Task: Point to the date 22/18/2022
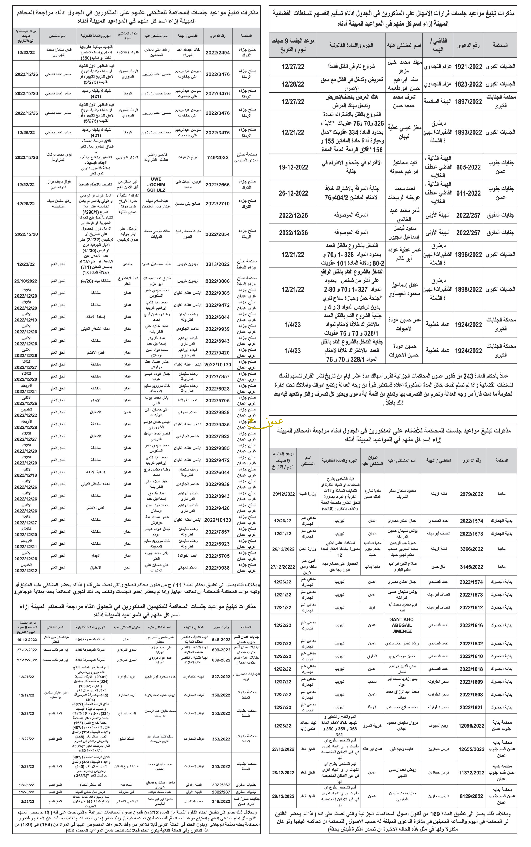(x=26, y=281)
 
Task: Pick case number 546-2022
(x=221, y=640)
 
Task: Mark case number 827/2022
(x=221, y=676)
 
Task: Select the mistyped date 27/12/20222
(x=283, y=567)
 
